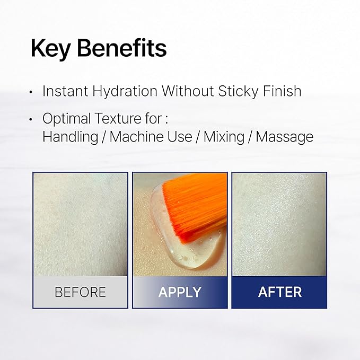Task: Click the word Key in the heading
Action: [50, 48]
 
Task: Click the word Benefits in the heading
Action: [122, 48]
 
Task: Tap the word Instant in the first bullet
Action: [65, 91]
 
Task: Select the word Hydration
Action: [125, 91]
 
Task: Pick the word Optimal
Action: [67, 119]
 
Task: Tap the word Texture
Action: [118, 119]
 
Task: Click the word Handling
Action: [71, 137]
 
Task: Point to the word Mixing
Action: [224, 137]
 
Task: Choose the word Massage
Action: [285, 137]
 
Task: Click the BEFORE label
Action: [81, 292]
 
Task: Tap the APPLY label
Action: [180, 292]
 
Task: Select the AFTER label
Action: [279, 292]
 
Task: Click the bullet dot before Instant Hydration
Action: [31, 92]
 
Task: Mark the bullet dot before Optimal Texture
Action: [31, 119]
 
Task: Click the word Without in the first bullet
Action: [188, 91]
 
